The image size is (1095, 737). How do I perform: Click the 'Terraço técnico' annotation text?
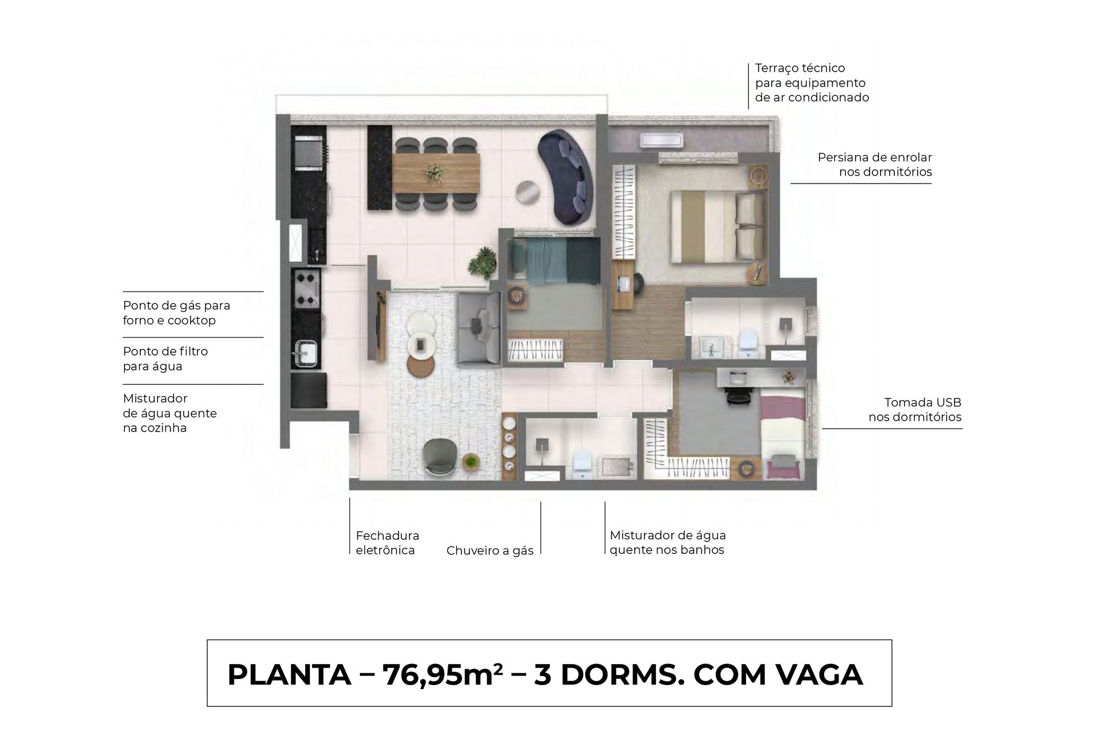tap(800, 68)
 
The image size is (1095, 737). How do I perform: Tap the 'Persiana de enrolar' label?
tap(875, 157)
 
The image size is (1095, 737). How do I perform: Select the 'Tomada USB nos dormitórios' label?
tap(915, 410)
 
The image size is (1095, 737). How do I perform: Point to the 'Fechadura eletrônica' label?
tap(387, 543)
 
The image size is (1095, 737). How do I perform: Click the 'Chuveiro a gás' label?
tap(490, 551)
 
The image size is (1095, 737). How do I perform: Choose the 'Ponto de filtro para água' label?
tap(165, 359)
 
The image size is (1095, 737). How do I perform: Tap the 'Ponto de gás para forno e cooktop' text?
tap(177, 313)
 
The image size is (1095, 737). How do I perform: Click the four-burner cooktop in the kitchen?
tap(306, 288)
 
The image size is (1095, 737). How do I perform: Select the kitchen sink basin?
tap(306, 353)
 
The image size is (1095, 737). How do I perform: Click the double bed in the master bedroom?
tap(717, 226)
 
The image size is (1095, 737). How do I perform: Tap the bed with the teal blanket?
tap(555, 260)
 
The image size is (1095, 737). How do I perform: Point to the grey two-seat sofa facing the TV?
tap(478, 328)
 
